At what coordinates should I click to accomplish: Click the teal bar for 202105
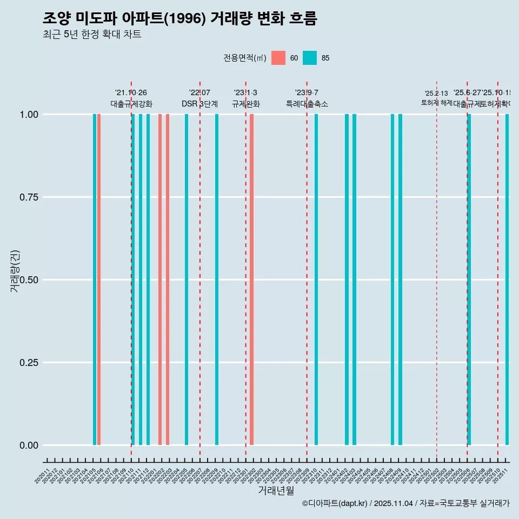pos(95,280)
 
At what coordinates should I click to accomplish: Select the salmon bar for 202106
pos(99,280)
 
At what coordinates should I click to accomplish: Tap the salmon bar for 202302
pos(252,280)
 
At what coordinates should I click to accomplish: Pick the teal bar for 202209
pos(217,280)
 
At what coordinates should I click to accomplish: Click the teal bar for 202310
pos(316,280)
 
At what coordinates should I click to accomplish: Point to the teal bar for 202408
pos(392,280)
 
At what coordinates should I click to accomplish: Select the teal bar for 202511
pos(507,280)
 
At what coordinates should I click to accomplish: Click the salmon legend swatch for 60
pos(278,58)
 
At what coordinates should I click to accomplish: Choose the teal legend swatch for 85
pos(310,58)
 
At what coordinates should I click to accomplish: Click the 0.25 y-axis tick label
pos(30,363)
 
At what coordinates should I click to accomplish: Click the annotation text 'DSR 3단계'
pos(199,104)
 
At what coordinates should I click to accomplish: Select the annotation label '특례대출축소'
pos(307,104)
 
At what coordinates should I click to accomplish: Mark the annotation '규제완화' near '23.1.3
pos(246,104)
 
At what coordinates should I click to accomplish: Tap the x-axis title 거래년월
pos(276,491)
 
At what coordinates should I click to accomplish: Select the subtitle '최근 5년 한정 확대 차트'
pos(92,35)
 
